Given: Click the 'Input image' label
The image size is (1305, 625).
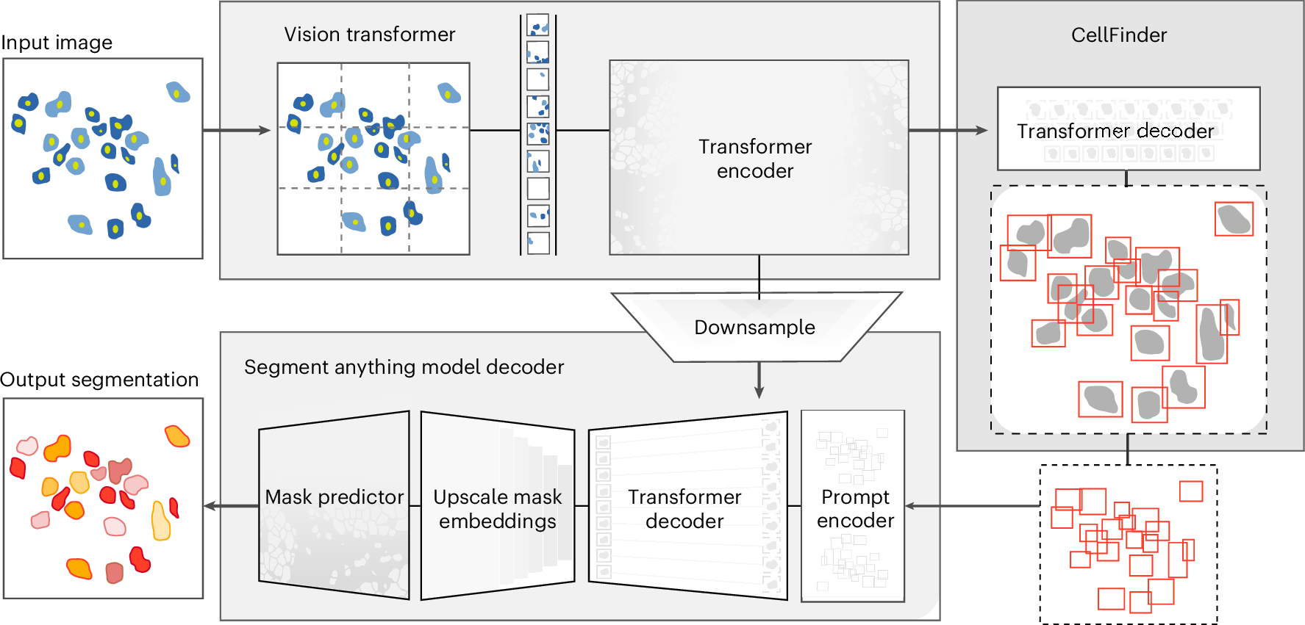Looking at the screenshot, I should pos(57,43).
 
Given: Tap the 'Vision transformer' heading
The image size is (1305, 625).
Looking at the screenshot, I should pos(369,35).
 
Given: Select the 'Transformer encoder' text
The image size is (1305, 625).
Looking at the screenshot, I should pos(755,159).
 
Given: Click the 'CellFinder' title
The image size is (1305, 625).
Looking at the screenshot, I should pos(1118,35).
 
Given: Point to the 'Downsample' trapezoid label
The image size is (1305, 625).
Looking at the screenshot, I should pos(754,328).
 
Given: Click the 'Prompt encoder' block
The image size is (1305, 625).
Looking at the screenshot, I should pos(855,508).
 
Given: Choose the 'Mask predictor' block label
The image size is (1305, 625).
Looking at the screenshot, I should pos(334,497).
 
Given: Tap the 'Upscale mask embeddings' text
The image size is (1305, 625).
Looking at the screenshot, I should pos(497,509).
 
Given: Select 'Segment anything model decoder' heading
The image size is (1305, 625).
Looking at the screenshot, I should pos(404,367).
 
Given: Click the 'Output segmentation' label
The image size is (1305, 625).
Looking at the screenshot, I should pos(99,380).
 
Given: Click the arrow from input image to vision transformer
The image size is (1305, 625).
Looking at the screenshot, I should pos(237,131).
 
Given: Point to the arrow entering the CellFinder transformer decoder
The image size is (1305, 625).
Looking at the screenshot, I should pos(948,131).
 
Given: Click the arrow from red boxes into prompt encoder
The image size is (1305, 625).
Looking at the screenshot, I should pos(970,506).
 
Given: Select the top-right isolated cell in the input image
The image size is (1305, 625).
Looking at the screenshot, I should pos(177,93).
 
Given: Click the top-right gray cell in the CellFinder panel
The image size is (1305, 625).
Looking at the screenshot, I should pos(1234,219).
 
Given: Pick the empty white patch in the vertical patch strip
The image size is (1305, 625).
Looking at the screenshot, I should pos(538,189).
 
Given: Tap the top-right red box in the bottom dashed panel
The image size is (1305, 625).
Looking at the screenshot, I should pos(1191,491).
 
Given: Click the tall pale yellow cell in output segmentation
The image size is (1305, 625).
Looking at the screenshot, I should pos(160,521).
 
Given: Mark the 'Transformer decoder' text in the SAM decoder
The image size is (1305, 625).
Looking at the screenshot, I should pos(684,509).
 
